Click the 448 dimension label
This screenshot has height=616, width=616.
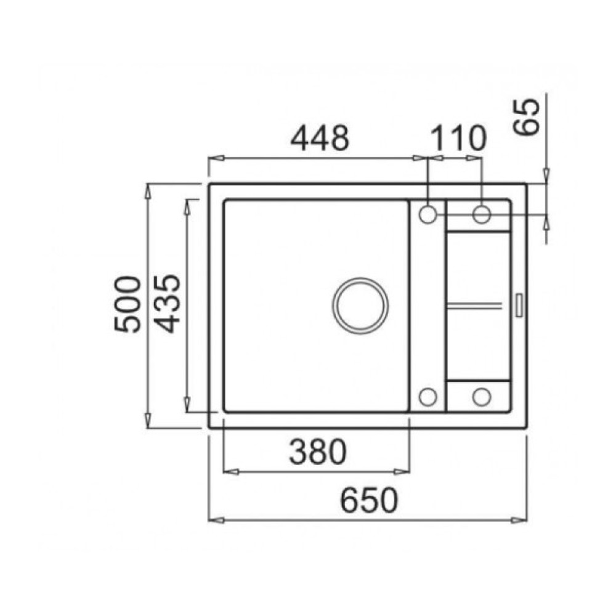point(319,137)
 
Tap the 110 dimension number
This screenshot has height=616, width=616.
point(458,138)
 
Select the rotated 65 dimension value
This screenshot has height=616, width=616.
point(527,116)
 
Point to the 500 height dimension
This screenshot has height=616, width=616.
point(127,304)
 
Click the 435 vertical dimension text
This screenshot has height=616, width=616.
point(167,303)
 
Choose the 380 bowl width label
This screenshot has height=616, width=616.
point(318,452)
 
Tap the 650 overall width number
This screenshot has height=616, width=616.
point(369,500)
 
